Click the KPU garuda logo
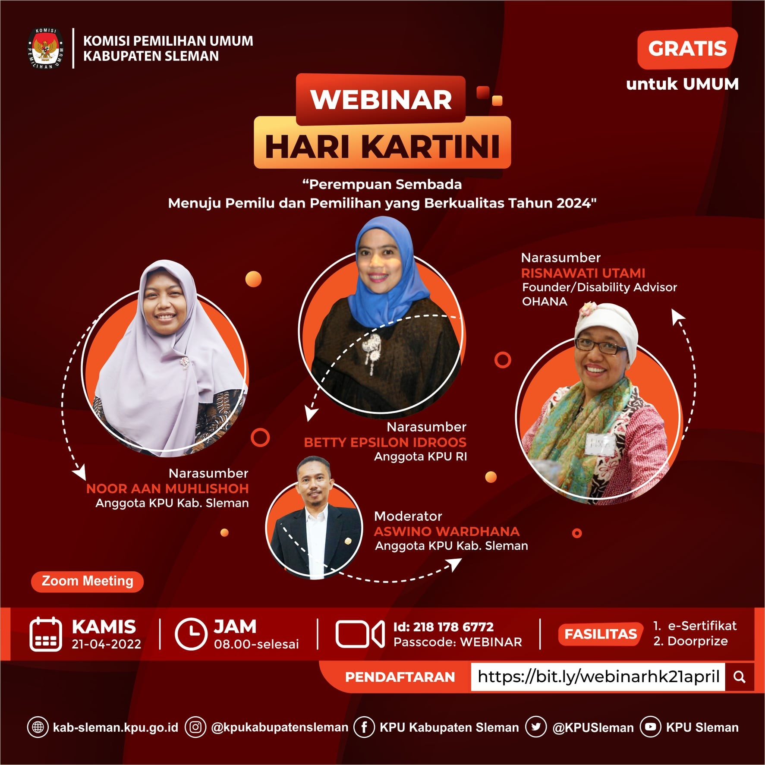[x=46, y=48]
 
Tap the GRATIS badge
[x=687, y=48]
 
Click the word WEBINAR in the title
[x=381, y=100]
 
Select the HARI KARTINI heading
[x=382, y=147]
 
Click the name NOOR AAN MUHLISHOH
[x=167, y=488]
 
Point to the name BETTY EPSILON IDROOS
[x=385, y=442]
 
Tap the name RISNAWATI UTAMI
[x=583, y=273]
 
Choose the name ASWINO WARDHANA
[x=447, y=531]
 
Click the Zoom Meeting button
[x=87, y=581]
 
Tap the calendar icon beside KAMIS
[x=46, y=634]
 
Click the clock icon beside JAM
[x=191, y=634]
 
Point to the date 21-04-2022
[x=107, y=644]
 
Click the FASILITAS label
[x=601, y=634]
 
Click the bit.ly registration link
[x=598, y=677]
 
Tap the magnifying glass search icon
[x=740, y=677]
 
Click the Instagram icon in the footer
[x=195, y=727]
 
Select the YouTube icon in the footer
[x=651, y=727]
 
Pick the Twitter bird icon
[x=536, y=727]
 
